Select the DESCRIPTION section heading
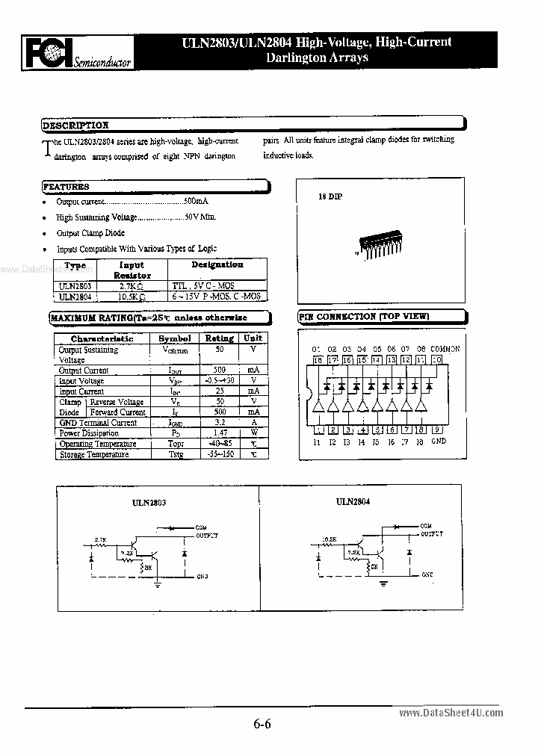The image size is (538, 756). (75, 126)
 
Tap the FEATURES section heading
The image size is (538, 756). (67, 187)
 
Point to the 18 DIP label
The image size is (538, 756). (330, 196)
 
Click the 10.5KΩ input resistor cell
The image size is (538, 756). (132, 296)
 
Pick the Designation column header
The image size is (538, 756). (217, 264)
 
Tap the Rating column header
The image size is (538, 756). (219, 338)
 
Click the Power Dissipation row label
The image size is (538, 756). (89, 433)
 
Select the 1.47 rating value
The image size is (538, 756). (220, 433)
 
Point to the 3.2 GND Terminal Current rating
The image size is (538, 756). (220, 423)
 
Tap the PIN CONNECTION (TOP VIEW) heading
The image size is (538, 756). (365, 317)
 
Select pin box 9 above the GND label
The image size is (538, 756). (438, 429)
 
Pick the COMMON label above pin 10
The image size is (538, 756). (445, 349)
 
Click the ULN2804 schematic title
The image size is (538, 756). (353, 503)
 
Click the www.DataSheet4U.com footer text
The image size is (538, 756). (462, 713)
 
